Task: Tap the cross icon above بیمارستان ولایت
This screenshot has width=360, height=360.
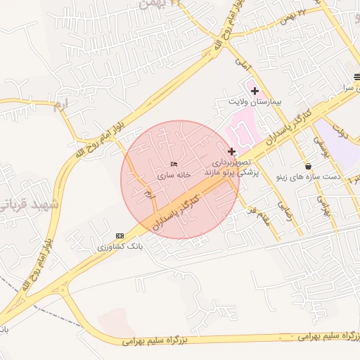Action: tap(255, 91)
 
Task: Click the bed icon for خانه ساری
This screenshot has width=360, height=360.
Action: tap(174, 164)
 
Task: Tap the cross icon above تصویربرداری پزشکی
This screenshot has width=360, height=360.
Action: tap(231, 151)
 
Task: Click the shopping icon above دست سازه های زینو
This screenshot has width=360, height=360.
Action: tap(308, 166)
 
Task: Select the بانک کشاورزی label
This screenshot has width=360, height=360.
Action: tap(120, 247)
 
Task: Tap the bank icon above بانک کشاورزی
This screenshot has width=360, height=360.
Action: tap(120, 236)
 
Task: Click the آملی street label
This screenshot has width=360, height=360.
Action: tap(242, 65)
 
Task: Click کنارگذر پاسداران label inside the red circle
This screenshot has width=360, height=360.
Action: tap(176, 211)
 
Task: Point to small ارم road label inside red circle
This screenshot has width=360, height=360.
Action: tap(148, 193)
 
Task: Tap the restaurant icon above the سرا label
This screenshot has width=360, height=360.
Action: tap(356, 78)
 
